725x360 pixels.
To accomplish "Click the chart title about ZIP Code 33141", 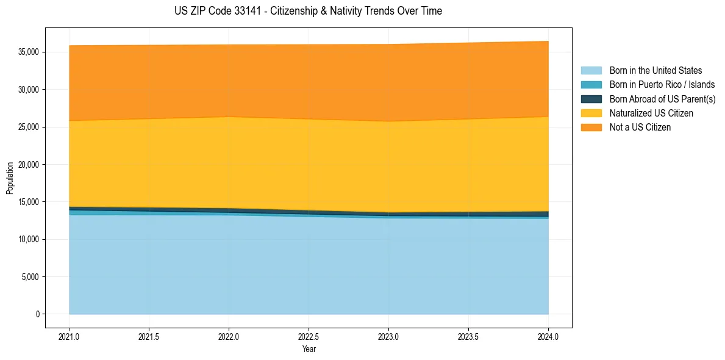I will [x=308, y=11].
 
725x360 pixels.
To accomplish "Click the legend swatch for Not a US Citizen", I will [x=591, y=128].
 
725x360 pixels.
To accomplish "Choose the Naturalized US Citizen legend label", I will [x=651, y=113].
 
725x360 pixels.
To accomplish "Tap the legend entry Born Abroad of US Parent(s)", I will [x=662, y=99].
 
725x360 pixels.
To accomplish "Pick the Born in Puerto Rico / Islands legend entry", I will [x=662, y=85].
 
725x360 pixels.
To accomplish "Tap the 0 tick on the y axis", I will [x=37, y=314].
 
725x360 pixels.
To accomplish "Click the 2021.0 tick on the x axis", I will [x=70, y=336].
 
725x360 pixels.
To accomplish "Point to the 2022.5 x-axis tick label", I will [x=309, y=336].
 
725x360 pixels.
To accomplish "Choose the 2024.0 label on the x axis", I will [x=548, y=336].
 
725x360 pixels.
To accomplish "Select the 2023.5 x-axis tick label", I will [x=468, y=336].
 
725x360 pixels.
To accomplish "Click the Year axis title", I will [x=309, y=350].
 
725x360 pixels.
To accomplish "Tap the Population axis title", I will [x=9, y=178].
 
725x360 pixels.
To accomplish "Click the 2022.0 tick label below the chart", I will [x=229, y=336].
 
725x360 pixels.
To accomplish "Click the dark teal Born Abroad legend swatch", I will [x=591, y=99].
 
